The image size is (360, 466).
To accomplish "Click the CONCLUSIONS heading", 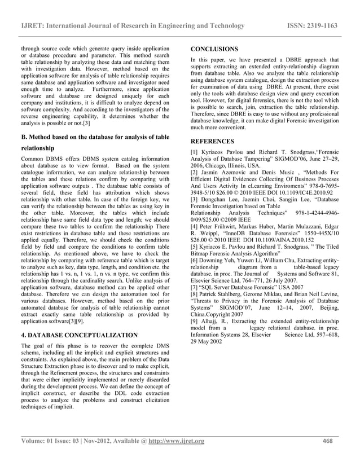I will point(214,49).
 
